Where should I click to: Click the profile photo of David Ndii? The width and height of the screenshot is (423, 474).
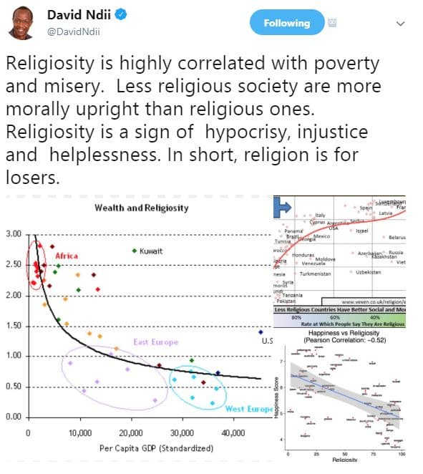click(x=22, y=23)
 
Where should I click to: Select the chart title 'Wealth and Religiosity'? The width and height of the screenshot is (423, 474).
click(x=141, y=208)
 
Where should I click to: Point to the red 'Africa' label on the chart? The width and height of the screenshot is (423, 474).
click(x=66, y=256)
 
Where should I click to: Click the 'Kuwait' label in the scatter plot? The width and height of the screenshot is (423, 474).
click(x=150, y=251)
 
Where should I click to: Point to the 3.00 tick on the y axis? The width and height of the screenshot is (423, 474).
click(x=14, y=234)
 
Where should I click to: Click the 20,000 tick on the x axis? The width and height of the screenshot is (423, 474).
click(x=130, y=433)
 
